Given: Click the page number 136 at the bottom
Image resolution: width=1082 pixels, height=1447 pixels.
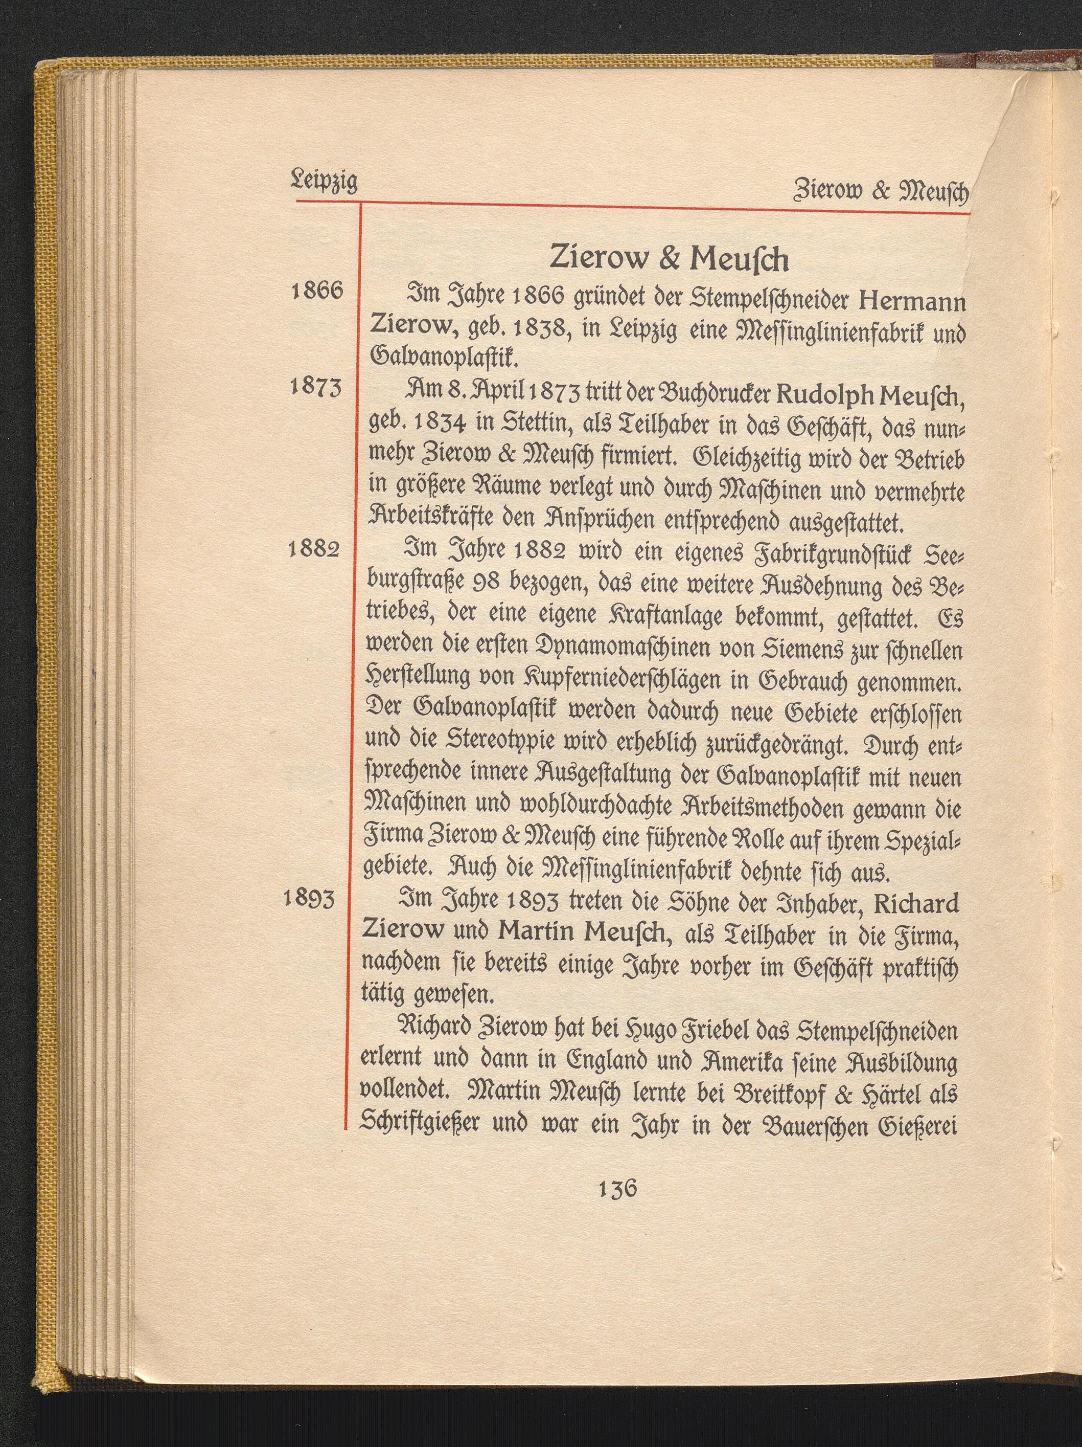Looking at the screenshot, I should (x=617, y=1187).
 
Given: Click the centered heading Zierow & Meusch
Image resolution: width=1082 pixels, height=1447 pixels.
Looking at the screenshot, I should (x=669, y=259).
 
